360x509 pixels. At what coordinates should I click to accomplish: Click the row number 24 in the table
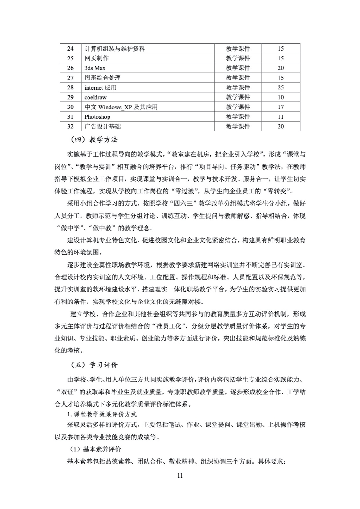click(70, 49)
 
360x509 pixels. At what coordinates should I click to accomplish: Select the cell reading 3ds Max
click(95, 68)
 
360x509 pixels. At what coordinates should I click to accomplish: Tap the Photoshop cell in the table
click(97, 117)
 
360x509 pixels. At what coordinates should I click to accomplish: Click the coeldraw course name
click(95, 97)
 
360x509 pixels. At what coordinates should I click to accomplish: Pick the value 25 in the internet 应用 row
click(280, 87)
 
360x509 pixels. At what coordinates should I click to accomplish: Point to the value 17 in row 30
click(280, 107)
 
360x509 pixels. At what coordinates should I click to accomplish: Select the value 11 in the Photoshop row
click(280, 117)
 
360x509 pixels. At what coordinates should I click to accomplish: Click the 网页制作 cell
click(96, 58)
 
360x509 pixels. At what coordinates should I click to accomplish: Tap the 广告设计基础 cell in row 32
click(102, 126)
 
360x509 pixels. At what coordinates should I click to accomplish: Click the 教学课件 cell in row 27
click(238, 78)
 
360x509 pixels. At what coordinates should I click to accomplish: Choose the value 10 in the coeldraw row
click(280, 97)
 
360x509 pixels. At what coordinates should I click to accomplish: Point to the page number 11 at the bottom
click(180, 476)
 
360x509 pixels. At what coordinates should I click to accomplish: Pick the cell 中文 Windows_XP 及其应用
click(121, 107)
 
